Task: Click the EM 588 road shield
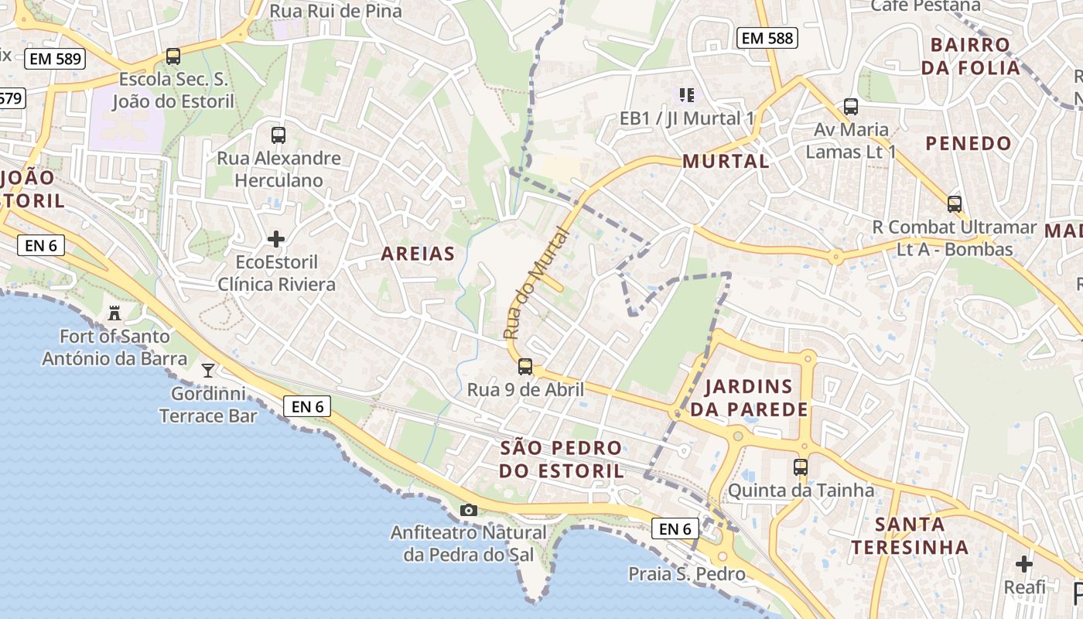(x=767, y=37)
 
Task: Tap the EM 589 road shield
(x=54, y=58)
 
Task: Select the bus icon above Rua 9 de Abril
(x=525, y=366)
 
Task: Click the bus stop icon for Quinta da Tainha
(x=801, y=467)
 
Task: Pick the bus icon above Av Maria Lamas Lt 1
(x=851, y=107)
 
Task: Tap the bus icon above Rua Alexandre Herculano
(x=278, y=135)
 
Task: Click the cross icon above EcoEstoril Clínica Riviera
(x=276, y=239)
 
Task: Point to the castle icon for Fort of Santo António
(x=115, y=313)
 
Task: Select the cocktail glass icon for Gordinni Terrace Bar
(x=207, y=370)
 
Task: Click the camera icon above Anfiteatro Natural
(x=468, y=510)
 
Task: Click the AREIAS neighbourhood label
(x=418, y=254)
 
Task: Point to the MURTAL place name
(x=726, y=161)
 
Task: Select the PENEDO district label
(x=969, y=143)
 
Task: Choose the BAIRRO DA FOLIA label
(x=971, y=56)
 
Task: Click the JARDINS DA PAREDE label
(x=749, y=398)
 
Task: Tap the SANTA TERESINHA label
(x=910, y=535)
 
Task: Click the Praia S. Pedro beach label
(x=687, y=574)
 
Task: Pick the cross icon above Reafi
(x=1024, y=564)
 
